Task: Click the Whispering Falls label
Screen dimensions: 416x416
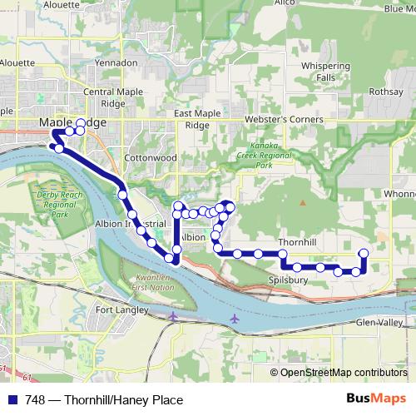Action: pos(325,71)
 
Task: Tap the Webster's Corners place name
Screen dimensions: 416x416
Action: pos(283,119)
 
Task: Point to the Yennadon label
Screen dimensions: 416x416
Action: pos(116,62)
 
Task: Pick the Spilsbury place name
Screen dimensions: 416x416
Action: pos(290,280)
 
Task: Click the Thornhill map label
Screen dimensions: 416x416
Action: pos(297,241)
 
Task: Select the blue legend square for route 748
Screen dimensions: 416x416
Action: pos(12,400)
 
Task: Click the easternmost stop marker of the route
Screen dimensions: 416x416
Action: pos(364,253)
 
